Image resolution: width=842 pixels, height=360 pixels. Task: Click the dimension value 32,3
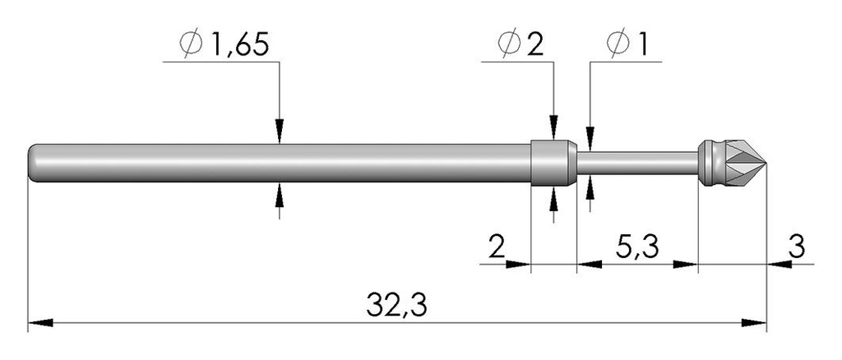(x=397, y=306)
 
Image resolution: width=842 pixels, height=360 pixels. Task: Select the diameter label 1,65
(x=239, y=45)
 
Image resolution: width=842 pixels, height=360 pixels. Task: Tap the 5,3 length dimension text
(x=636, y=248)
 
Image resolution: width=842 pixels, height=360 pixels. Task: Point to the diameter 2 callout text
(x=534, y=45)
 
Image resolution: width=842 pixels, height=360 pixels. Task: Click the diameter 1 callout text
(x=641, y=45)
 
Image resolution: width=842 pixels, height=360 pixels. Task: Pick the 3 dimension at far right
(x=798, y=248)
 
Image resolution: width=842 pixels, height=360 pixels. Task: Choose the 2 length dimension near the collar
(x=497, y=248)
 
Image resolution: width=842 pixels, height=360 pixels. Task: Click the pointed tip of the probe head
(x=766, y=163)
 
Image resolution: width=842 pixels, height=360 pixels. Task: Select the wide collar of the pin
(x=553, y=163)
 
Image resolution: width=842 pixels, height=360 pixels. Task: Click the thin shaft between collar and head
(x=637, y=163)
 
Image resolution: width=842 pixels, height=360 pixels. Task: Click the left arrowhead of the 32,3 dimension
(x=40, y=323)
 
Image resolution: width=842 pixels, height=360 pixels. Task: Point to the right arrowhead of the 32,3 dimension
(x=753, y=323)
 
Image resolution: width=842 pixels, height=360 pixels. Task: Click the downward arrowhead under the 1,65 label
(x=279, y=132)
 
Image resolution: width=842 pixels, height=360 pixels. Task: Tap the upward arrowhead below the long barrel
(x=279, y=195)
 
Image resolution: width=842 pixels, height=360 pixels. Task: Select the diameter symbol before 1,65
(x=191, y=45)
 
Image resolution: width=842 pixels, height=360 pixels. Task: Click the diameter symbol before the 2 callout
(x=508, y=45)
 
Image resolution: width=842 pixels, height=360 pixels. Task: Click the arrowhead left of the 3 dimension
(x=780, y=264)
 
